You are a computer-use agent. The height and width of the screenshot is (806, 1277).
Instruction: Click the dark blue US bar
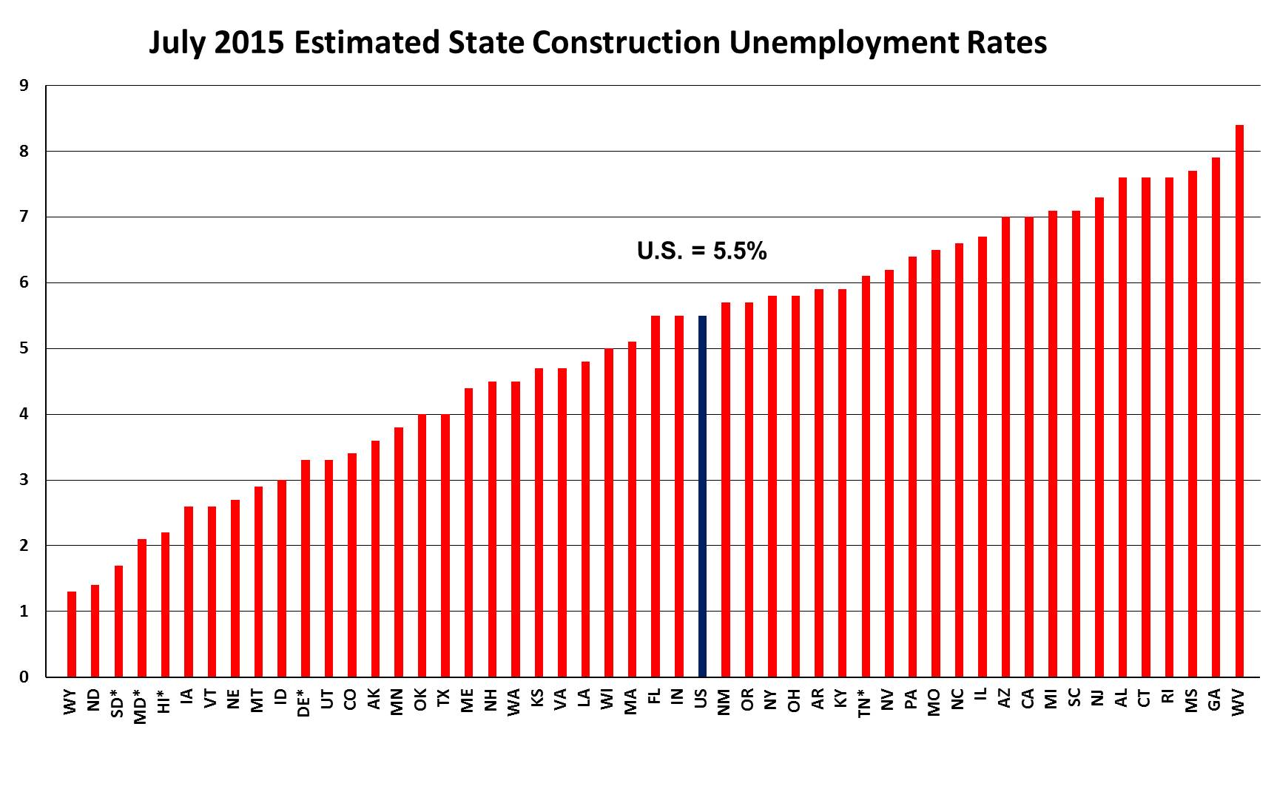702,496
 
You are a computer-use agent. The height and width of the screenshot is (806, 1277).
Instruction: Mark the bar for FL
656,496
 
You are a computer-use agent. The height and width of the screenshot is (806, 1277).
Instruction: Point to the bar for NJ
1099,437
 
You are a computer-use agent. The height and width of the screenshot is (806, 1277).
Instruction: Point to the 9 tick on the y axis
24,86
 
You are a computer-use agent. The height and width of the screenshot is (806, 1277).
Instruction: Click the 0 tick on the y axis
24,677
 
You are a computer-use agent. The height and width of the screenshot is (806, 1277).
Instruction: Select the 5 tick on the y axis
24,348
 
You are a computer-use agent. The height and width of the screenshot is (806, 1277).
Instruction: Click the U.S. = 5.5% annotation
701,251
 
